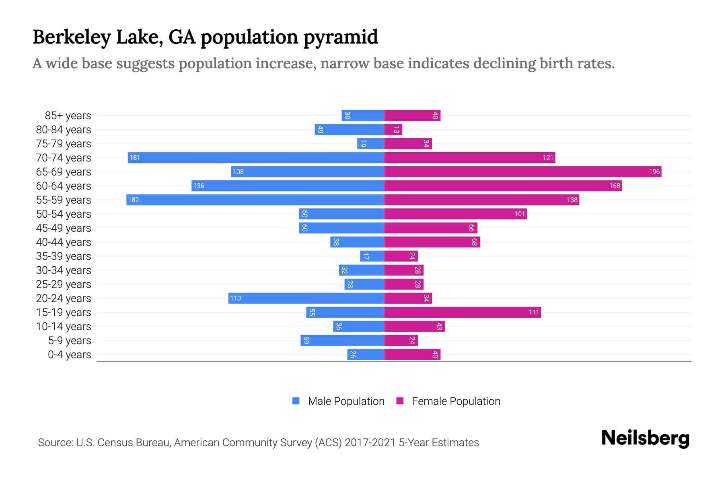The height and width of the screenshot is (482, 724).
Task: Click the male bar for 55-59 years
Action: tap(255, 200)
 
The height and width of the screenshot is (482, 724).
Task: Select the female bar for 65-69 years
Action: tap(522, 172)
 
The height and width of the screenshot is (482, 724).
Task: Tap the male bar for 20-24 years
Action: tap(306, 298)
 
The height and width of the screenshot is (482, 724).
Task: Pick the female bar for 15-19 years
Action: tap(462, 312)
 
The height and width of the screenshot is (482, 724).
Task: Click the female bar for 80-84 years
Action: tap(393, 129)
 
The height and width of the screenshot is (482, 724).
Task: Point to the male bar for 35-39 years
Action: tap(372, 256)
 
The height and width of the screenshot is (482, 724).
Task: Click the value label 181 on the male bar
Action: tap(135, 157)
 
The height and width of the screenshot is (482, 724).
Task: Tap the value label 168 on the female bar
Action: tap(614, 186)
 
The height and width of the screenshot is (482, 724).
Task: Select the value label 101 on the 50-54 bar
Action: tap(520, 214)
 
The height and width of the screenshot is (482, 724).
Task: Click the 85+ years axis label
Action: tap(68, 115)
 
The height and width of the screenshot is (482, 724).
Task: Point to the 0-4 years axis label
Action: tap(69, 354)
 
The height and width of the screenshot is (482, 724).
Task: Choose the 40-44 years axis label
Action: tap(64, 242)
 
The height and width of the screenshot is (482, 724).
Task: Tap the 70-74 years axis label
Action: tap(64, 157)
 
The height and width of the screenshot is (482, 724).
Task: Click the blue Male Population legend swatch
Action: tap(296, 401)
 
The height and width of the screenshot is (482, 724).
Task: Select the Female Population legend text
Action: tap(456, 401)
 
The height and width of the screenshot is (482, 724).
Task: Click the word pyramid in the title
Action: tap(340, 37)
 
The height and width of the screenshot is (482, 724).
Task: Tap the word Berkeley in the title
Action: tap(72, 37)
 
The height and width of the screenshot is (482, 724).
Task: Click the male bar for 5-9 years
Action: tap(342, 340)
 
